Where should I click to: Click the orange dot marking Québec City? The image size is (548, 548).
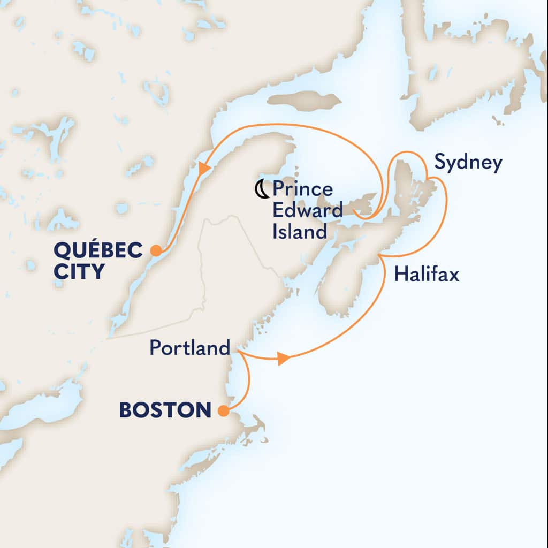156,250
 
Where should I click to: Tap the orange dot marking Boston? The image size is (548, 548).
224,412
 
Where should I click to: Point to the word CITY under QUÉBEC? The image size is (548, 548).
78,272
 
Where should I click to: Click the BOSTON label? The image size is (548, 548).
165,411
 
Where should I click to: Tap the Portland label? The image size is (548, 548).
189,348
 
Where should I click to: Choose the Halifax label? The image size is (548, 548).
426,275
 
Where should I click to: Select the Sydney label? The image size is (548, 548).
468,163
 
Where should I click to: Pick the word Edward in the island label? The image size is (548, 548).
307,210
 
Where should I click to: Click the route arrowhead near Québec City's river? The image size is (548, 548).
203,169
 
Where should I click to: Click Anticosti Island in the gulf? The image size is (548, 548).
304,100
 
